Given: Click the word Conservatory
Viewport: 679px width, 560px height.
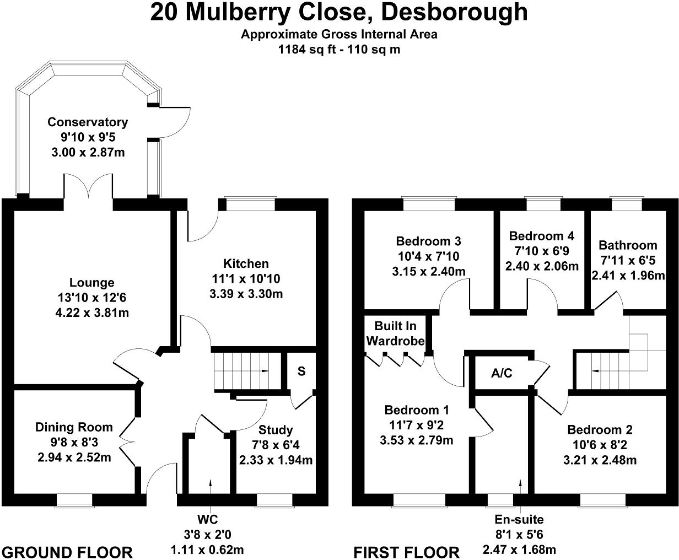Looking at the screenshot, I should pos(88,122).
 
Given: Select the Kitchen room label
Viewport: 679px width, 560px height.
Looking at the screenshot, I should pos(246,263).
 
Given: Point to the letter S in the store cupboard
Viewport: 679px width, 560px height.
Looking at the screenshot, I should pos(301,371).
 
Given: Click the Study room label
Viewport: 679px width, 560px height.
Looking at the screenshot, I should pos(276,430).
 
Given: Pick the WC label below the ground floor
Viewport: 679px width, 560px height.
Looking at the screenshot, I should pos(207,519).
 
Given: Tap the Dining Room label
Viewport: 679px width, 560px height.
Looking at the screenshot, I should pos(74,427).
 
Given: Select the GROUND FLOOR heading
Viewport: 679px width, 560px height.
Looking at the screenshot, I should pos(67,552).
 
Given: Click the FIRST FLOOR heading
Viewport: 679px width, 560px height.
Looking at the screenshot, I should pos(406,552).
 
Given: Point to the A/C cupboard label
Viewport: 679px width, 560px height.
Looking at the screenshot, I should pos(502,374).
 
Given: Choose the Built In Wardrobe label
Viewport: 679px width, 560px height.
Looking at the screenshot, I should pos(395,333).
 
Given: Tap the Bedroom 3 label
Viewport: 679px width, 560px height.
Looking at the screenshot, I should pos(428,241).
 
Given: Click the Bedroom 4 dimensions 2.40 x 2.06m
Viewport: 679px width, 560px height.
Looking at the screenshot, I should pos(542,266).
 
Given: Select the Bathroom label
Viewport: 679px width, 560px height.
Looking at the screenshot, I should pos(628,245).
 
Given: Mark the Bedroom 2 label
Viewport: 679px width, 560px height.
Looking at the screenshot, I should pos(600,430).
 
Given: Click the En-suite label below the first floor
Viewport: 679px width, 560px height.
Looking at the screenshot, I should pos(519,519).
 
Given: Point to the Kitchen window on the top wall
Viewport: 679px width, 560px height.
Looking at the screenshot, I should pos(250,204).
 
